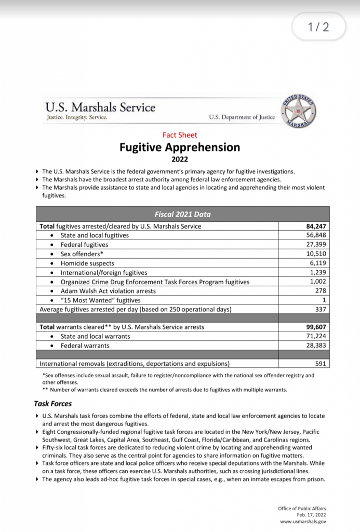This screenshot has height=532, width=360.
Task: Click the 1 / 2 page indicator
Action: (318, 27)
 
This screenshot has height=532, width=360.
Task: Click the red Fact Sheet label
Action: (180, 135)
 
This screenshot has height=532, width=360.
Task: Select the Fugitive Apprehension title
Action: (180, 147)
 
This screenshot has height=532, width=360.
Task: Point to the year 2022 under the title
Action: (180, 159)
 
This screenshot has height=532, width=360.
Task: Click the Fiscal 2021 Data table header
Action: (182, 214)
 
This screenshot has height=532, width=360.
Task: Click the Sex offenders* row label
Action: (82, 254)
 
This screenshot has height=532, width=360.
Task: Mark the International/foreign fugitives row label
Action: (104, 273)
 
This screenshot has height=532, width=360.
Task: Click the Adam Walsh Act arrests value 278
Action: (321, 291)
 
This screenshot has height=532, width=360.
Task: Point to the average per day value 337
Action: (320, 310)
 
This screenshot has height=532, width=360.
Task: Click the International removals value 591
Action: (320, 364)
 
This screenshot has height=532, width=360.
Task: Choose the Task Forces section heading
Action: (53, 403)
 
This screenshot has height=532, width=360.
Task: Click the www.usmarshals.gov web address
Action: (303, 521)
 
